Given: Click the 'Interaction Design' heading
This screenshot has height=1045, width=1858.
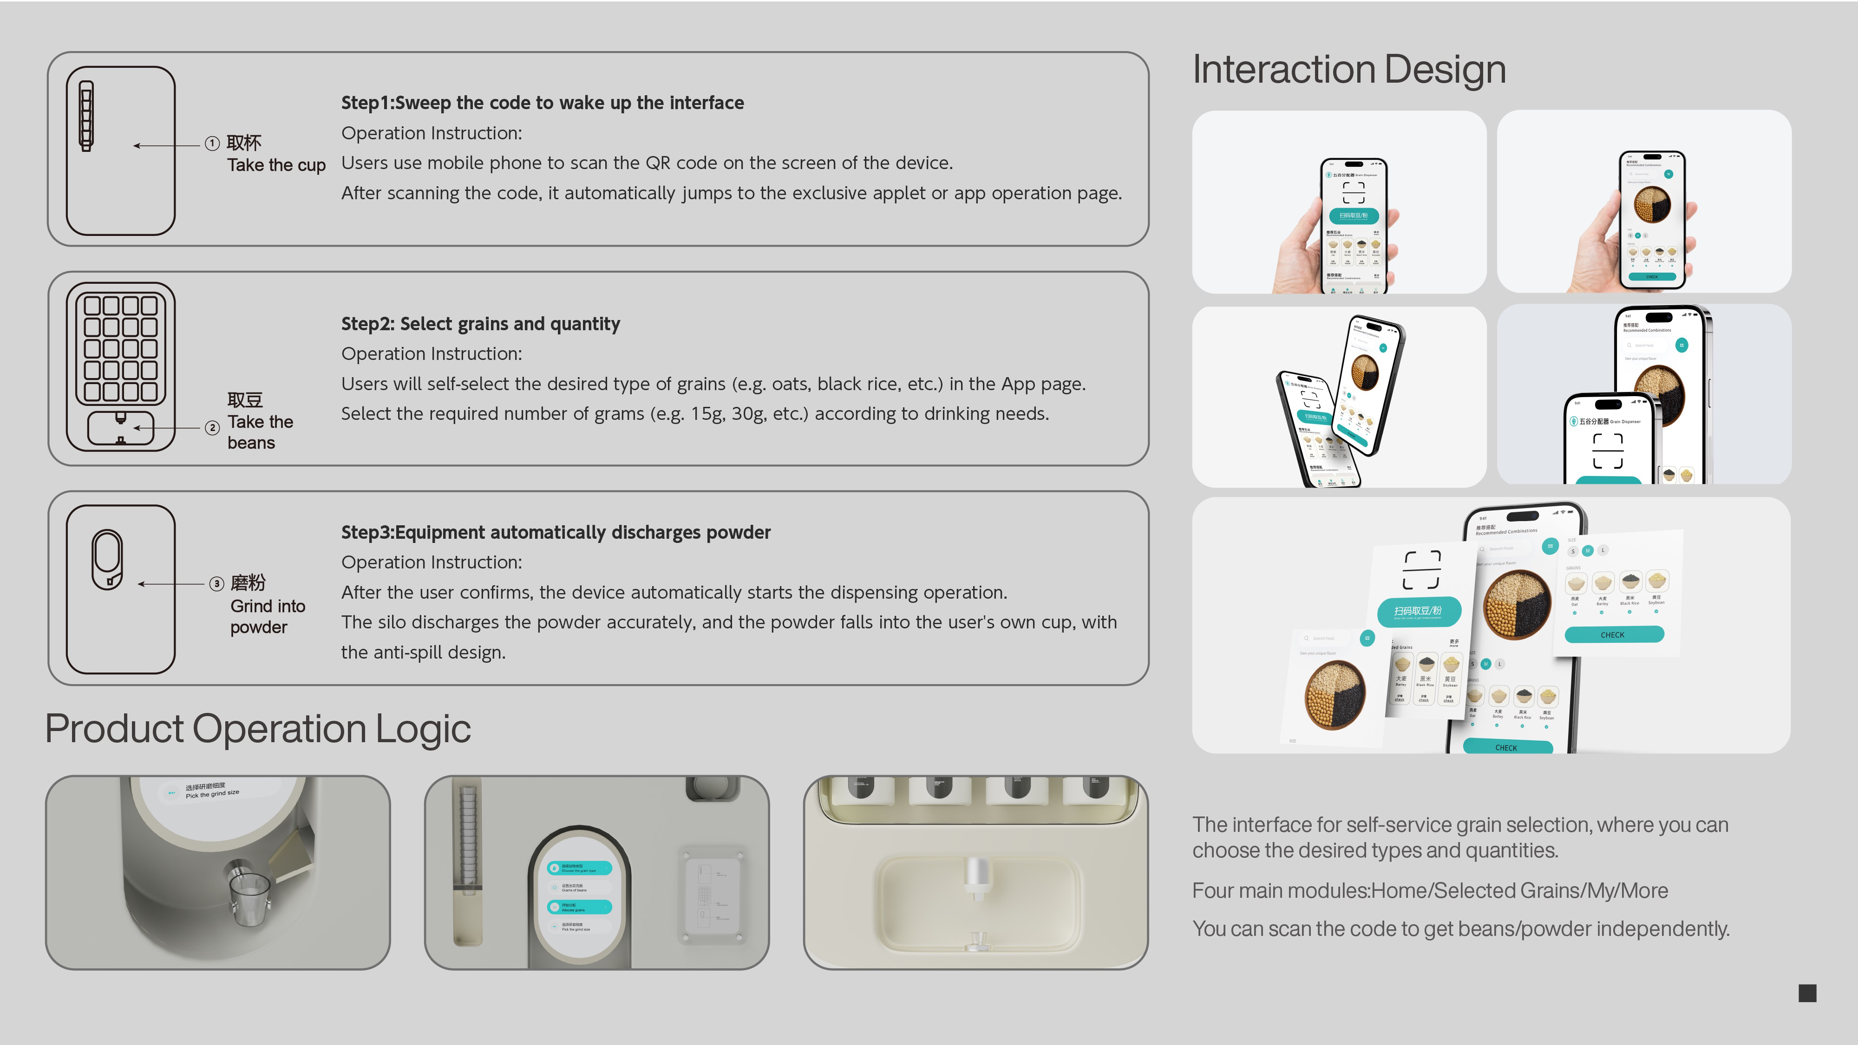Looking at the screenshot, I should pyautogui.click(x=1349, y=70).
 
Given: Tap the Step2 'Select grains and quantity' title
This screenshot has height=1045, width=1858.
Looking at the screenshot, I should pyautogui.click(x=480, y=324).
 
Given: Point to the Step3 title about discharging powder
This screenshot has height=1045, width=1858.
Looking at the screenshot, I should pyautogui.click(x=556, y=532).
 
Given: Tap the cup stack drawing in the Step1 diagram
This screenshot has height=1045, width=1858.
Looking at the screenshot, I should pyautogui.click(x=86, y=115).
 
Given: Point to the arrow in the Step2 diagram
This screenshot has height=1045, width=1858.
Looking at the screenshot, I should pyautogui.click(x=166, y=428).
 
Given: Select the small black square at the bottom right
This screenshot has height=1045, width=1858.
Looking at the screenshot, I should pyautogui.click(x=1807, y=993).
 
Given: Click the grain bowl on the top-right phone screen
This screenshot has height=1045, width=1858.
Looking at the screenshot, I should pyautogui.click(x=1652, y=204).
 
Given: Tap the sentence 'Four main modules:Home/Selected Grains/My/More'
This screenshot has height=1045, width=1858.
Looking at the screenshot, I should pyautogui.click(x=1430, y=891).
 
